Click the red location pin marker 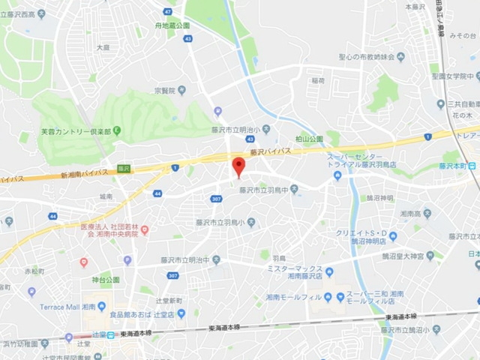click(238, 166)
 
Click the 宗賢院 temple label click(165, 89)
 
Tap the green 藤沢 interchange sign click(122, 169)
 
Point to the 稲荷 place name click(318, 80)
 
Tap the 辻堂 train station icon click(110, 334)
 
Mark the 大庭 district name click(103, 47)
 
